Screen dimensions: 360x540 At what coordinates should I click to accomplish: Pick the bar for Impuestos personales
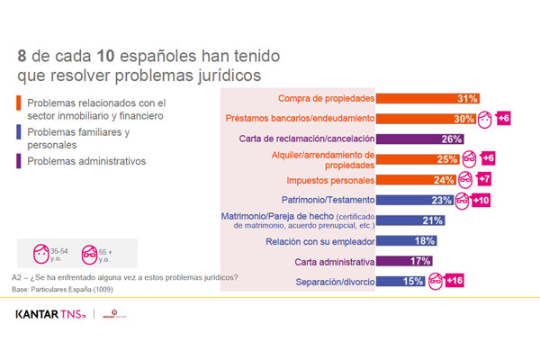click(417, 178)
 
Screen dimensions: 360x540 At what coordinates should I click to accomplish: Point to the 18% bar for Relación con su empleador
click(408, 241)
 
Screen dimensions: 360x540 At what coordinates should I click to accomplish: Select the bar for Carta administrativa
click(406, 262)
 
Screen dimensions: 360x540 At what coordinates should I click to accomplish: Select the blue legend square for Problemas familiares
click(20, 133)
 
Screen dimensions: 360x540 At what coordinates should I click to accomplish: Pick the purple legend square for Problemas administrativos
click(20, 162)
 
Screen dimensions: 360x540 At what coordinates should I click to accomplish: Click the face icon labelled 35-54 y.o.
click(40, 252)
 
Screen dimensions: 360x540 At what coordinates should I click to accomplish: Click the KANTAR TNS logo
click(51, 314)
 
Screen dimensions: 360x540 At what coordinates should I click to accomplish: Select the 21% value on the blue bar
click(433, 220)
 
